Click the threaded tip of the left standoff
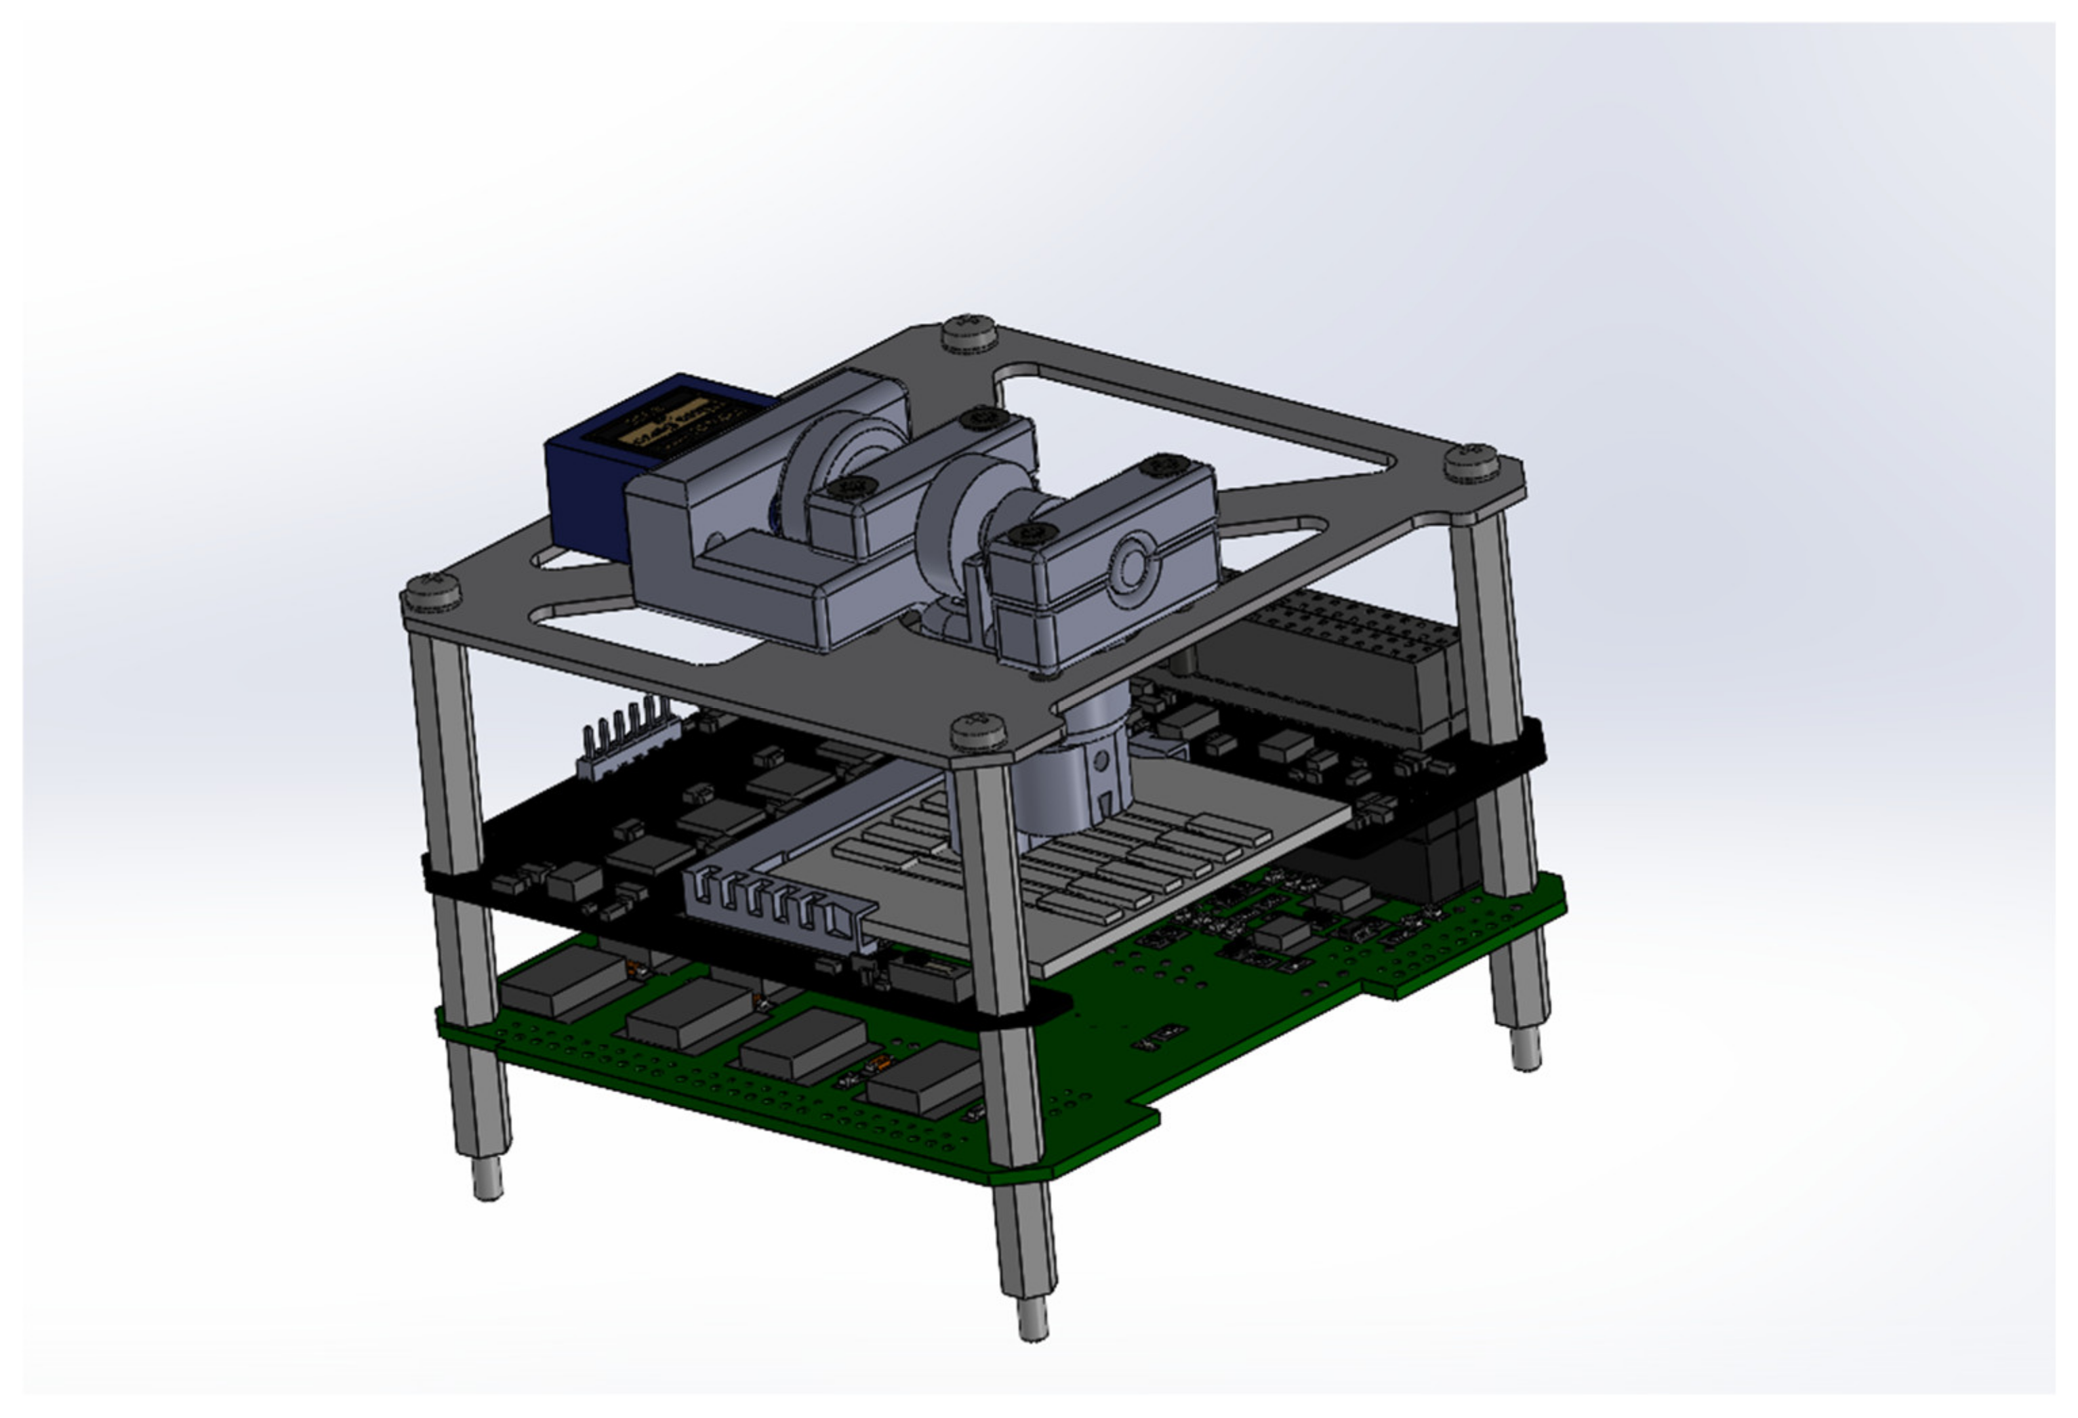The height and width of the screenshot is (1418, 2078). [487, 1177]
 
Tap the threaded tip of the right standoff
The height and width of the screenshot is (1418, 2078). [1526, 1049]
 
